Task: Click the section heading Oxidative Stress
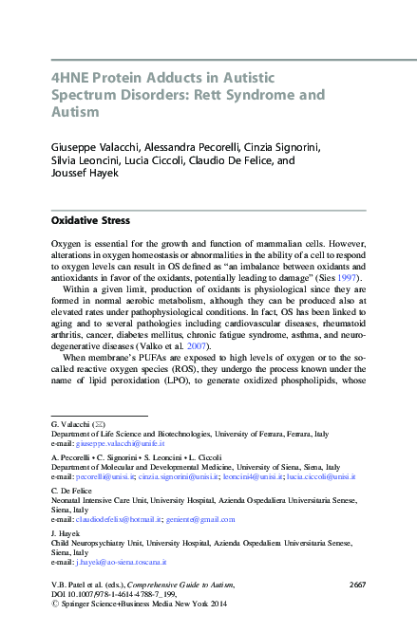[x=89, y=221]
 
